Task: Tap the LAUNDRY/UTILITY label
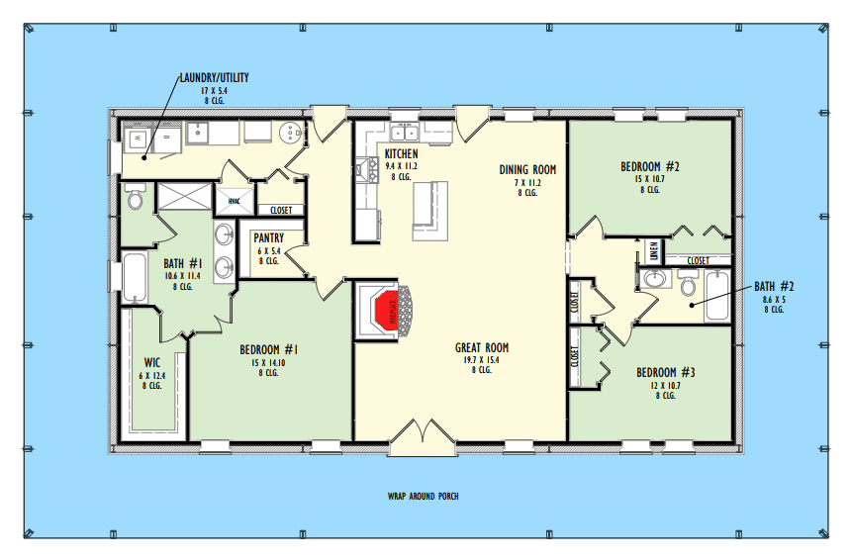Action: [214, 77]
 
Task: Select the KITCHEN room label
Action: [401, 154]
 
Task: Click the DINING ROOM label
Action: [527, 169]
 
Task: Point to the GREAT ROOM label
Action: [482, 347]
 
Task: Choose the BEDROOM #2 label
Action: [649, 166]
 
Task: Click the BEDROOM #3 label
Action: [666, 372]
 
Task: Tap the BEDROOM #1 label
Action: [269, 349]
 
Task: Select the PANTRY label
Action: [269, 238]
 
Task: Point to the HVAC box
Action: [235, 200]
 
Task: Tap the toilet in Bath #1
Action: [135, 200]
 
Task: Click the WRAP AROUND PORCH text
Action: [423, 496]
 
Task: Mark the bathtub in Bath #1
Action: [134, 277]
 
